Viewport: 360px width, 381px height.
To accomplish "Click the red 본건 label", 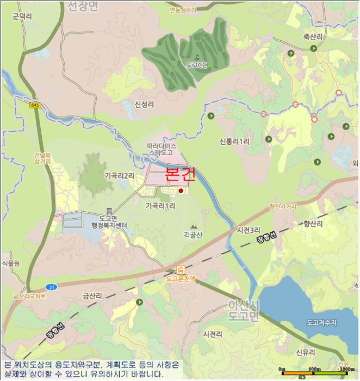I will pyautogui.click(x=179, y=175).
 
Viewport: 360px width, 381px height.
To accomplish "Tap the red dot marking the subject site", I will pyautogui.click(x=181, y=190).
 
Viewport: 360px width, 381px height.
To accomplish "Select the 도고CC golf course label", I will pyautogui.click(x=197, y=65).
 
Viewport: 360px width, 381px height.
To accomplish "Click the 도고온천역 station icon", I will pyautogui.click(x=181, y=269).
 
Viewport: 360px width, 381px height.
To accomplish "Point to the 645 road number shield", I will pyautogui.click(x=35, y=105).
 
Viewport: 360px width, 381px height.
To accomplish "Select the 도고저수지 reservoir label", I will pyautogui.click(x=321, y=322).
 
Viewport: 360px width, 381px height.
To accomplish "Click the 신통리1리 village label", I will pyautogui.click(x=234, y=141).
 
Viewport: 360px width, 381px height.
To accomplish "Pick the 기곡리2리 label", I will pyautogui.click(x=119, y=176).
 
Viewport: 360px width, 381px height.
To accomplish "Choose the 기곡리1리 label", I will pyautogui.click(x=160, y=206).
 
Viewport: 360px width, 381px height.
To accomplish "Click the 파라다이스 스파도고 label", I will pyautogui.click(x=162, y=150).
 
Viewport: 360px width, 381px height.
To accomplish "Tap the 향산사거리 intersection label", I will pyautogui.click(x=283, y=207).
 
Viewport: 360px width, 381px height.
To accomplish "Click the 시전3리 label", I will pyautogui.click(x=249, y=231).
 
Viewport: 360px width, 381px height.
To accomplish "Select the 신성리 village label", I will pyautogui.click(x=145, y=104).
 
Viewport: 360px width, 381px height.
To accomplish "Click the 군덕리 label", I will pyautogui.click(x=22, y=17).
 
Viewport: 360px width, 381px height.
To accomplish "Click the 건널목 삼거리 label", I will pyautogui.click(x=42, y=158).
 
